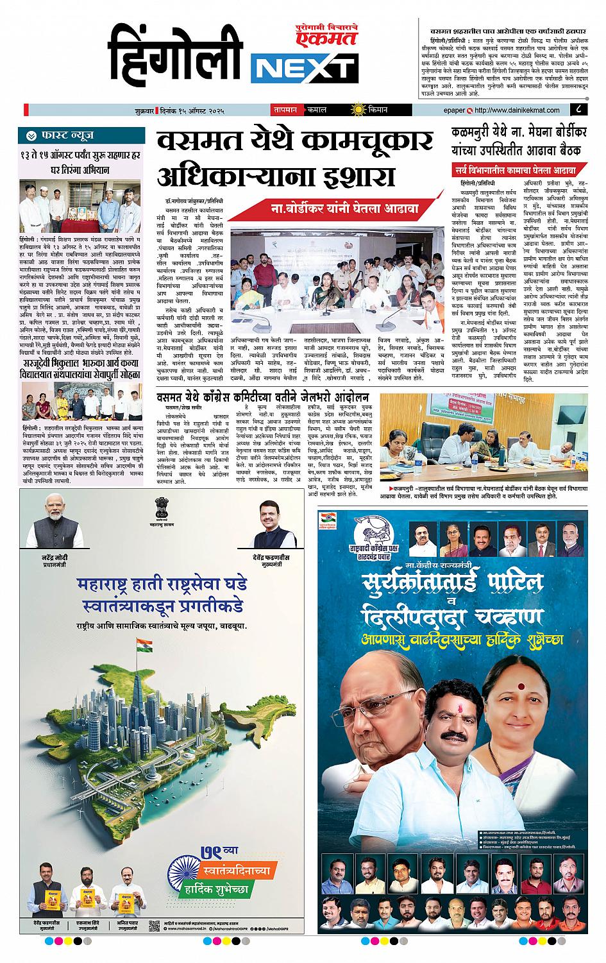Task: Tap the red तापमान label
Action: point(284,109)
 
